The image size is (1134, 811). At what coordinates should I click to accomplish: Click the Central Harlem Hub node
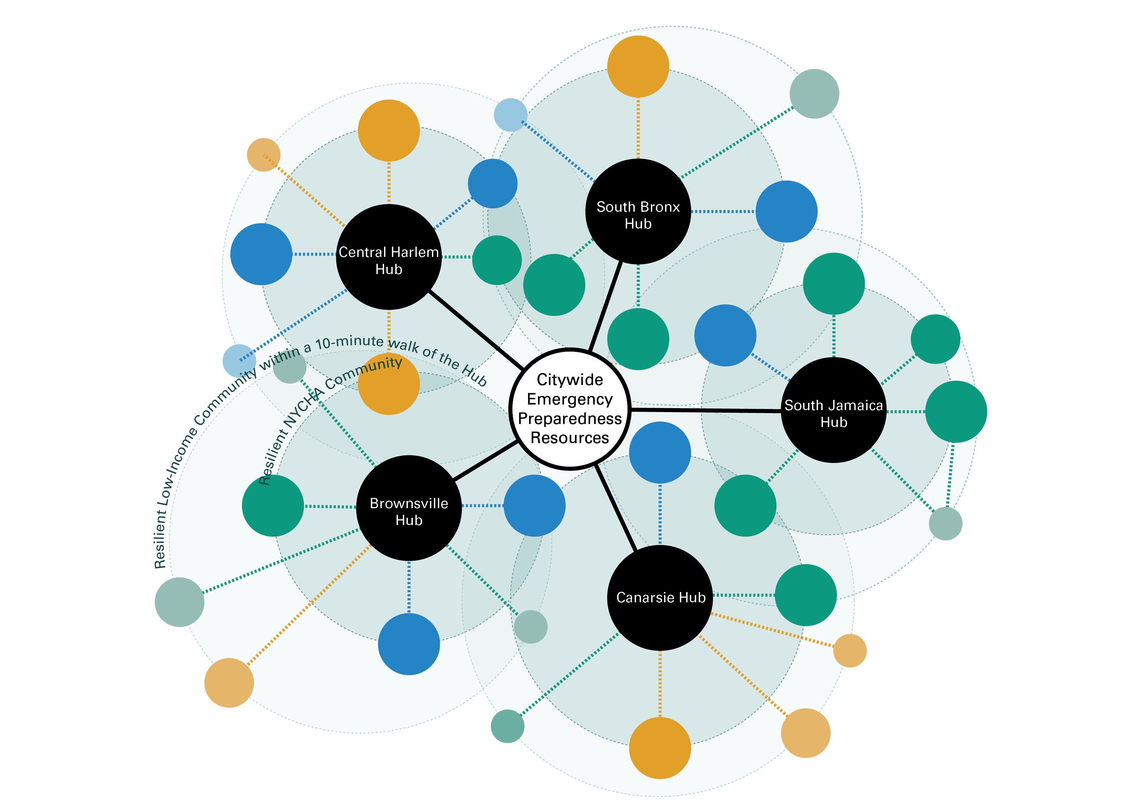(x=388, y=257)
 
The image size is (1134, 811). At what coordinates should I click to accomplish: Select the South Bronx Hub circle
(x=638, y=212)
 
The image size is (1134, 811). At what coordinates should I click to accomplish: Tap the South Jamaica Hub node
(x=833, y=410)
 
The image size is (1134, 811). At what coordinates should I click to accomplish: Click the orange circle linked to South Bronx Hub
(x=638, y=66)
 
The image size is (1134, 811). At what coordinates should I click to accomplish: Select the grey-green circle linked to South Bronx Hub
(x=814, y=94)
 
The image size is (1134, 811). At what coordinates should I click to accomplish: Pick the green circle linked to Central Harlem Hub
(x=497, y=260)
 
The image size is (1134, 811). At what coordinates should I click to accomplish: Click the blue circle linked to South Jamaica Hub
(x=725, y=335)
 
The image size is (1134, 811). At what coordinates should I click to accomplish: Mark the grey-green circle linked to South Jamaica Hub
(x=945, y=523)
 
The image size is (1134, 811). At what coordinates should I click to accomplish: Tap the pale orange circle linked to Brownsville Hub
(x=229, y=683)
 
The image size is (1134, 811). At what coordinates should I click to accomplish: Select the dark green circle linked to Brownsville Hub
(x=273, y=506)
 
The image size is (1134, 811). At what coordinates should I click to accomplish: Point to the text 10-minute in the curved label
(x=349, y=342)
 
